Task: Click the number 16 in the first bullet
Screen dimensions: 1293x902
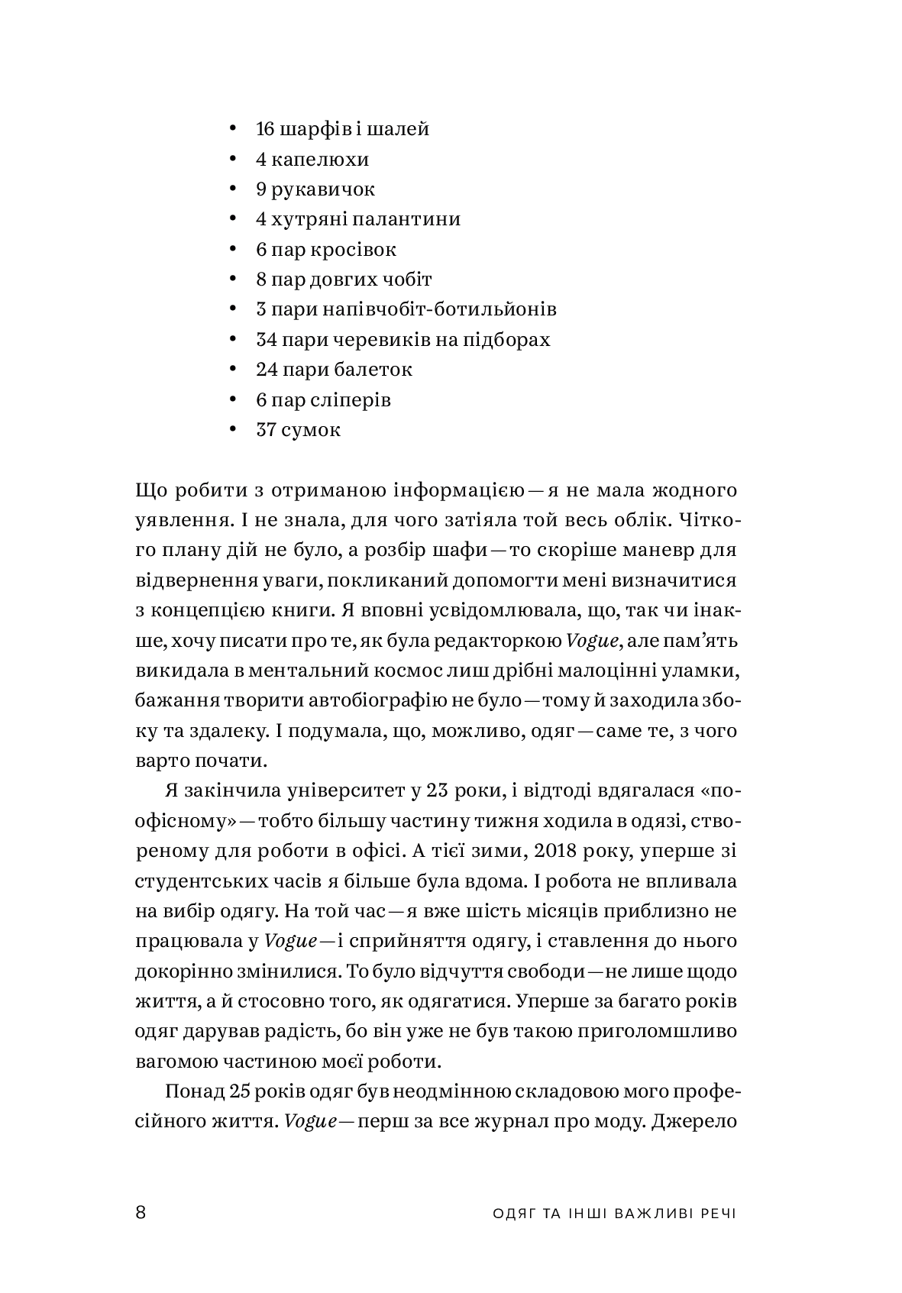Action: pos(265,129)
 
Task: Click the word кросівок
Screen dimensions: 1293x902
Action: pos(352,250)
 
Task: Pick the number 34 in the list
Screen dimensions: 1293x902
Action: pos(267,339)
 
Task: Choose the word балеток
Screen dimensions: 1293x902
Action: pos(373,370)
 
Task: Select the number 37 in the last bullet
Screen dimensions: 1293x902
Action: pos(266,430)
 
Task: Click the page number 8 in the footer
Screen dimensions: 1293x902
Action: pos(140,1213)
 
